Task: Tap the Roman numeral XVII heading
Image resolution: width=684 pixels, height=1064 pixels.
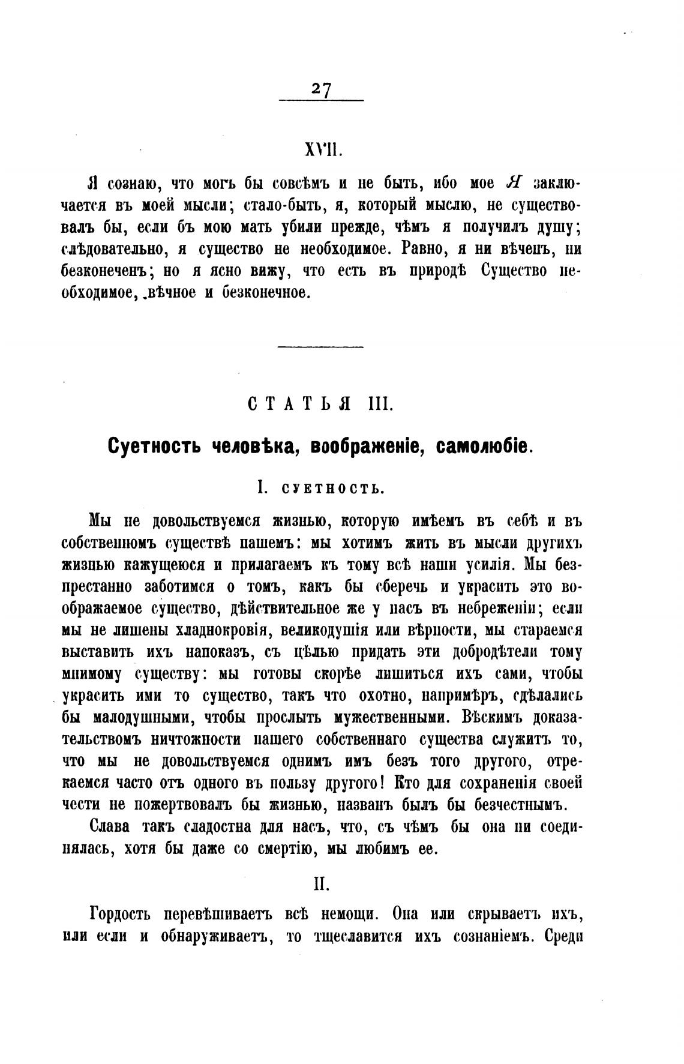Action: pyautogui.click(x=324, y=150)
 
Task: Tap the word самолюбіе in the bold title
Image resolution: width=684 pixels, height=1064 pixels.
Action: pyautogui.click(x=482, y=446)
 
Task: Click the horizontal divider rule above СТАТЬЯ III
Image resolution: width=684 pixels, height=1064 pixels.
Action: pyautogui.click(x=322, y=346)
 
